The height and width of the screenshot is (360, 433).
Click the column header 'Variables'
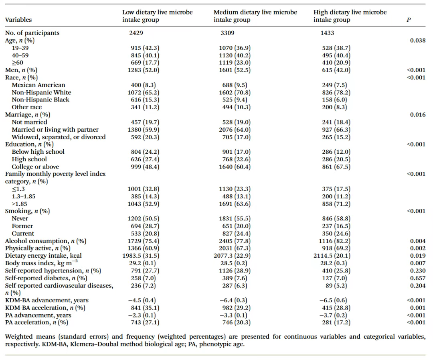coord(18,20)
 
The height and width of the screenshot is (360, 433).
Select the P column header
coord(409,20)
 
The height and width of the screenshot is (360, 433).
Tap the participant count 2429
coord(136,33)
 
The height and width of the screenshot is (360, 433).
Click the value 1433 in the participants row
coord(327,33)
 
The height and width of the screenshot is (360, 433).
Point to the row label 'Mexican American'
coord(38,85)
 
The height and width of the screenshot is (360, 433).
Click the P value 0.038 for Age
coord(417,41)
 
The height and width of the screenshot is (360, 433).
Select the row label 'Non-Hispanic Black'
coord(40,100)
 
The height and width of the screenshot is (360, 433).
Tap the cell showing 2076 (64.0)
coord(235,129)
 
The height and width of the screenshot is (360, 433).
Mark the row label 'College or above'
coord(35,167)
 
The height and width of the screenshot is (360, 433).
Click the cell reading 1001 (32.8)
coord(143,189)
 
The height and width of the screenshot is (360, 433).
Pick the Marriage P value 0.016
coord(417,115)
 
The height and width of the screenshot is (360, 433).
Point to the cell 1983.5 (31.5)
coord(141,256)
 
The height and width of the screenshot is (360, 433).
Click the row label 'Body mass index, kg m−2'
coord(41,263)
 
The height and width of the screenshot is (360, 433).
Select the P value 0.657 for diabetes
coord(417,278)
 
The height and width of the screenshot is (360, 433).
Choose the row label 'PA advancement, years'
coord(38,315)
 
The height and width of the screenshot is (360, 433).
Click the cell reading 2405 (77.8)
coord(235,241)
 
